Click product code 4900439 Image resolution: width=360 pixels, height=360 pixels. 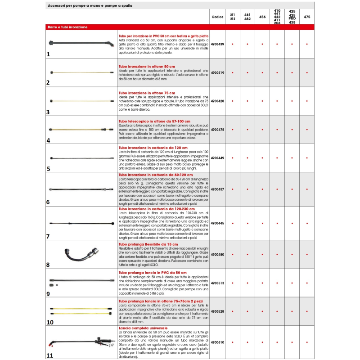pyautogui.click(x=217, y=44)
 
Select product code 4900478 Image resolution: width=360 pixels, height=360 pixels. pyautogui.click(x=217, y=130)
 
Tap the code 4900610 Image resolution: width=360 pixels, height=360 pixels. pyautogui.click(x=217, y=342)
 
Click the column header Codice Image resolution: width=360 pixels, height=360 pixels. pyautogui.click(x=217, y=17)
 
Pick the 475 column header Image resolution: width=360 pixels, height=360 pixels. pyautogui.click(x=307, y=17)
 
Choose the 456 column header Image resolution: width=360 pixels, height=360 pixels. pyautogui.click(x=262, y=17)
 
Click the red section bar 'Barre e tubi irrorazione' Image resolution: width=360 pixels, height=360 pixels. pyautogui.click(x=67, y=27)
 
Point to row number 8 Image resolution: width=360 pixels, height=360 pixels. pyautogui.click(x=48, y=265)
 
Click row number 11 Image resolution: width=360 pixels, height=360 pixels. pyautogui.click(x=49, y=355)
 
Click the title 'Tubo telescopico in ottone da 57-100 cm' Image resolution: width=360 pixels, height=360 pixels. pyautogui.click(x=154, y=121)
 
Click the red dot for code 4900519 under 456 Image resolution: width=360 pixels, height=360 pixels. pyautogui.click(x=262, y=72)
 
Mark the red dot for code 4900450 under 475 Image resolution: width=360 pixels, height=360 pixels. pyautogui.click(x=307, y=255)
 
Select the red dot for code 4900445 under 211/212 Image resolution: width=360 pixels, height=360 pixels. pyautogui.click(x=233, y=223)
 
